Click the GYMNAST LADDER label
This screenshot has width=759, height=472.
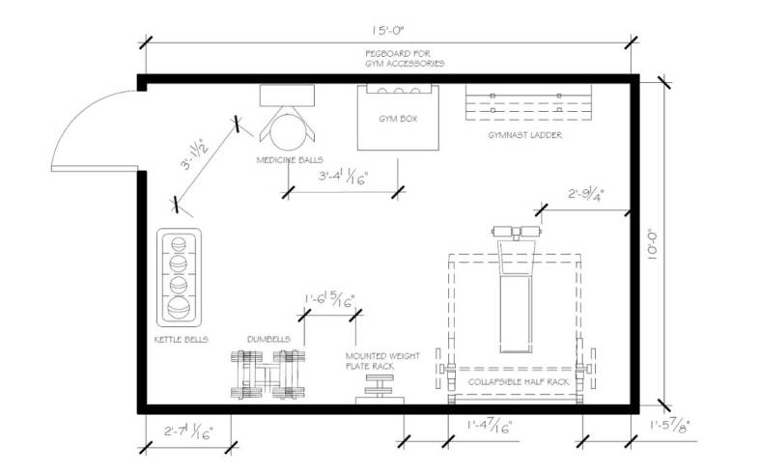[526, 135]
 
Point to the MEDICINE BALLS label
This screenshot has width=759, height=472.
[289, 159]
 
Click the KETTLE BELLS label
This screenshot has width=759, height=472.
[182, 340]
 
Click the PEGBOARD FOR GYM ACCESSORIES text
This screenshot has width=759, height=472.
[405, 58]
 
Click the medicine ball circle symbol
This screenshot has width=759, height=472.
[286, 126]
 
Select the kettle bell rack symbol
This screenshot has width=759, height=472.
[179, 278]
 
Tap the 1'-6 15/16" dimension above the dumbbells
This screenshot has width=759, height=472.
[329, 299]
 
